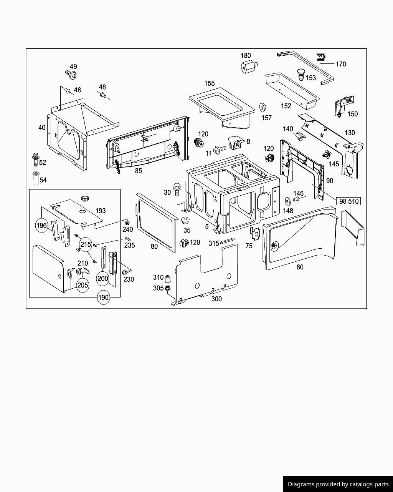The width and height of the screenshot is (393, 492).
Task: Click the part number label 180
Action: coord(246,56)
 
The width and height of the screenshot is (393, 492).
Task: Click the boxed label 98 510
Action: coord(349,201)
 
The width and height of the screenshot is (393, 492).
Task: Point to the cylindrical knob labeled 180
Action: coord(248,67)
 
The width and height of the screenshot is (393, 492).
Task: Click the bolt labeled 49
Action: coord(71,74)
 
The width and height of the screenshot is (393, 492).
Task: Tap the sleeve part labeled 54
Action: coord(36,179)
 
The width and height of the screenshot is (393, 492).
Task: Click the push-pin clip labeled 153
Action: coord(301,74)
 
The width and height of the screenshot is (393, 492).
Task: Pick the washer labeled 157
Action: coord(263,107)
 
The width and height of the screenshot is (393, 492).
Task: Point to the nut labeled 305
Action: coord(168,288)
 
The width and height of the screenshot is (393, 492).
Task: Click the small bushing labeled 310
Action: coord(168,278)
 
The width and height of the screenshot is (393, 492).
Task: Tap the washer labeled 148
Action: coord(287,201)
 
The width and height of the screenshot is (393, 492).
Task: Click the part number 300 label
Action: coord(216,299)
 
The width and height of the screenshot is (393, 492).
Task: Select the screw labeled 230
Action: coord(124,272)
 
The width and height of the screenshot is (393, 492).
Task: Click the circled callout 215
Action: coord(86,244)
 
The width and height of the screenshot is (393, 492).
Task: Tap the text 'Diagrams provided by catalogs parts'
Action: coord(338,484)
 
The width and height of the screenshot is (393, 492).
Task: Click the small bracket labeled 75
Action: coord(255,232)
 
